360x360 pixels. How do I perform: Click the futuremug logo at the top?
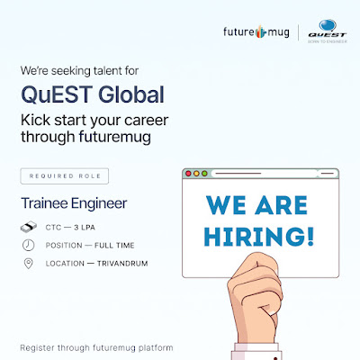tap(256, 31)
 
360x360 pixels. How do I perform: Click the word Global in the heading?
tap(131, 94)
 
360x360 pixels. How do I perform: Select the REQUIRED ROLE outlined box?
tap(65, 176)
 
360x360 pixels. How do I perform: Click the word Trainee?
tap(44, 203)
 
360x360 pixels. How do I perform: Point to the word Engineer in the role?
tap(99, 204)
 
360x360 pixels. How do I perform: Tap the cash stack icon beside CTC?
tap(29, 227)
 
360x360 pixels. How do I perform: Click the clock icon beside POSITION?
tap(29, 245)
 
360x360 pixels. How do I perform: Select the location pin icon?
tap(28, 264)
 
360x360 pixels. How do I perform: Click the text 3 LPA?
tap(85, 228)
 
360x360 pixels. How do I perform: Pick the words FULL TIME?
tap(114, 246)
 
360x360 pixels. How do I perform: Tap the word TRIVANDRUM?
tap(122, 264)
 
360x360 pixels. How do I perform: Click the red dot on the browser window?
tap(188, 174)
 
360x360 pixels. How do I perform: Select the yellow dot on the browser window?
tap(196, 174)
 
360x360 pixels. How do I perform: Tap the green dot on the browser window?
tap(204, 174)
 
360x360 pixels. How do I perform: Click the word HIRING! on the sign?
tap(259, 237)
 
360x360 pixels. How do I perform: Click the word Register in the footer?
tap(37, 348)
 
